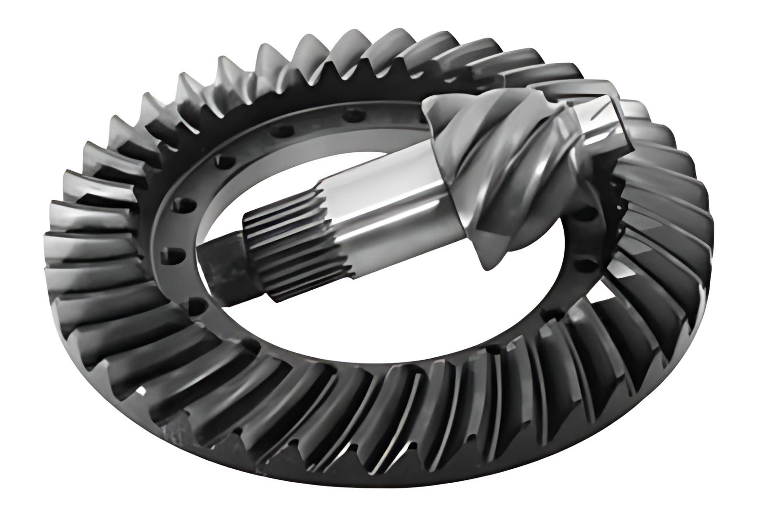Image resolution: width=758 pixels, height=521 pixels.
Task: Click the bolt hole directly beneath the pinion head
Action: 581,263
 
